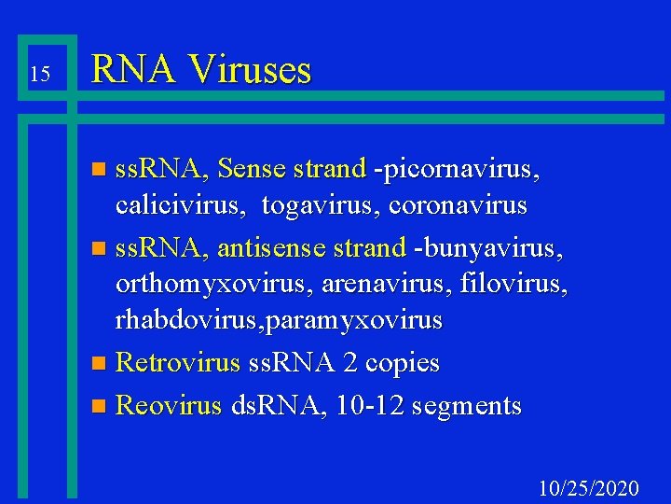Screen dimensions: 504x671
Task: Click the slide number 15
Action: point(38,74)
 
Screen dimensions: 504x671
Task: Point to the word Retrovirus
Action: point(178,362)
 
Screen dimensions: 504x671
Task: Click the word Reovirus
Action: point(170,405)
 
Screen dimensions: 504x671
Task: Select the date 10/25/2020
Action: point(589,488)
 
